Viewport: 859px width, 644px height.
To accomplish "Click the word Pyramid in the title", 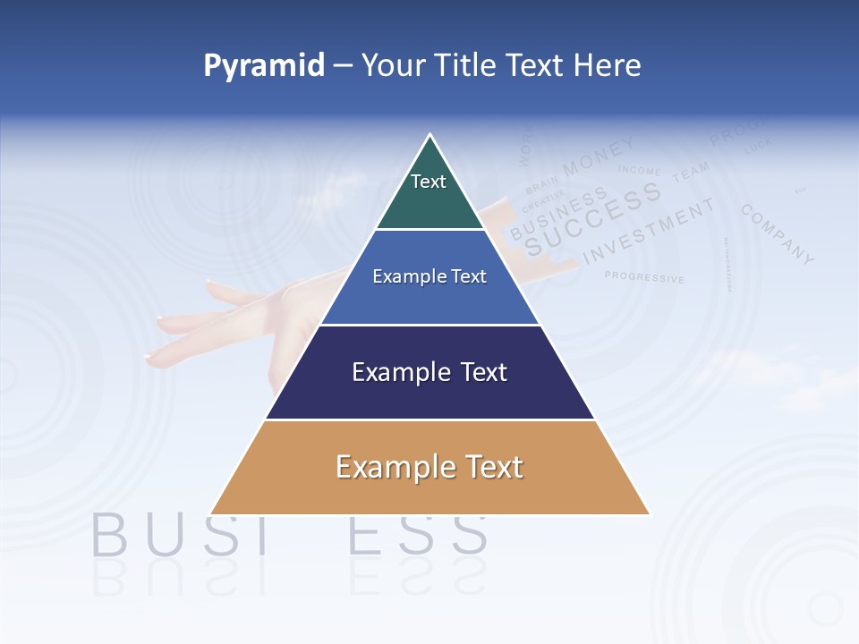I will tap(263, 65).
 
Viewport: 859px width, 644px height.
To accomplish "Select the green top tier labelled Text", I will tap(429, 192).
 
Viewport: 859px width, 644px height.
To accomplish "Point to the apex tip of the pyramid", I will tap(430, 137).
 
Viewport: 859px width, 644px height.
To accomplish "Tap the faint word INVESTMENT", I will tap(650, 231).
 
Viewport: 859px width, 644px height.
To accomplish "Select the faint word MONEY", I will tap(599, 156).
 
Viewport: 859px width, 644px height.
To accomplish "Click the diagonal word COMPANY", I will tap(778, 234).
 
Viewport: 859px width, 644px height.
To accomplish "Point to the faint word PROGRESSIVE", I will tap(644, 277).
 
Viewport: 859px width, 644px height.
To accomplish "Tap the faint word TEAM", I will tap(691, 171).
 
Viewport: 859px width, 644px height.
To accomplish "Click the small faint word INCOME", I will tap(639, 170).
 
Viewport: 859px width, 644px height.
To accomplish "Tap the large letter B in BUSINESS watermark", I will tap(111, 534).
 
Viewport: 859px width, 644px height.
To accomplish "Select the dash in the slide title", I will tap(343, 66).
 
